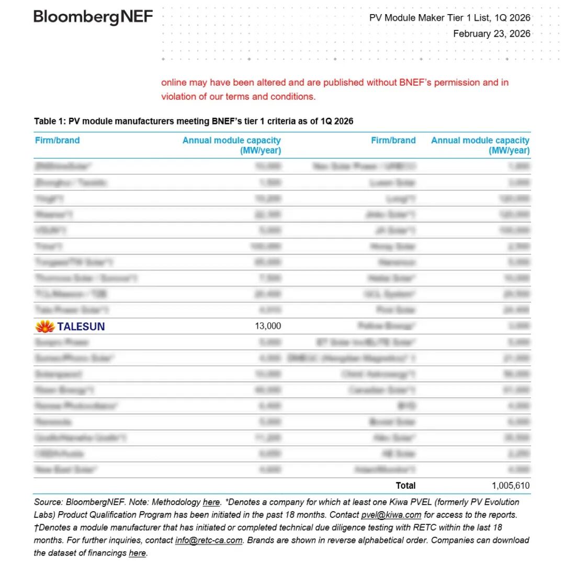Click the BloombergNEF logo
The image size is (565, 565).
pos(93,18)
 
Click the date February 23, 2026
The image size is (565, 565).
pos(491,34)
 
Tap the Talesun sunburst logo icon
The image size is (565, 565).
pos(45,327)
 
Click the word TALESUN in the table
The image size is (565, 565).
pos(81,327)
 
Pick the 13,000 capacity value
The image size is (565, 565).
pos(268,326)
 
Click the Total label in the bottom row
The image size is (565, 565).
pos(405,486)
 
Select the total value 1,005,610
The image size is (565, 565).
pos(511,486)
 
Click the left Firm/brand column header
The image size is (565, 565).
pos(57,141)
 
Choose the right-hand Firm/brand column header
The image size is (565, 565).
pos(393,141)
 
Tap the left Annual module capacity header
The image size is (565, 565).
pos(231,145)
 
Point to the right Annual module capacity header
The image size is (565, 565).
pos(480,145)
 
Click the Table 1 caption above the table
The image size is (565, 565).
pos(194,121)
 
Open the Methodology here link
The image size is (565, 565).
pos(211,502)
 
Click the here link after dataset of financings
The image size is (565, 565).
pos(137,553)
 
